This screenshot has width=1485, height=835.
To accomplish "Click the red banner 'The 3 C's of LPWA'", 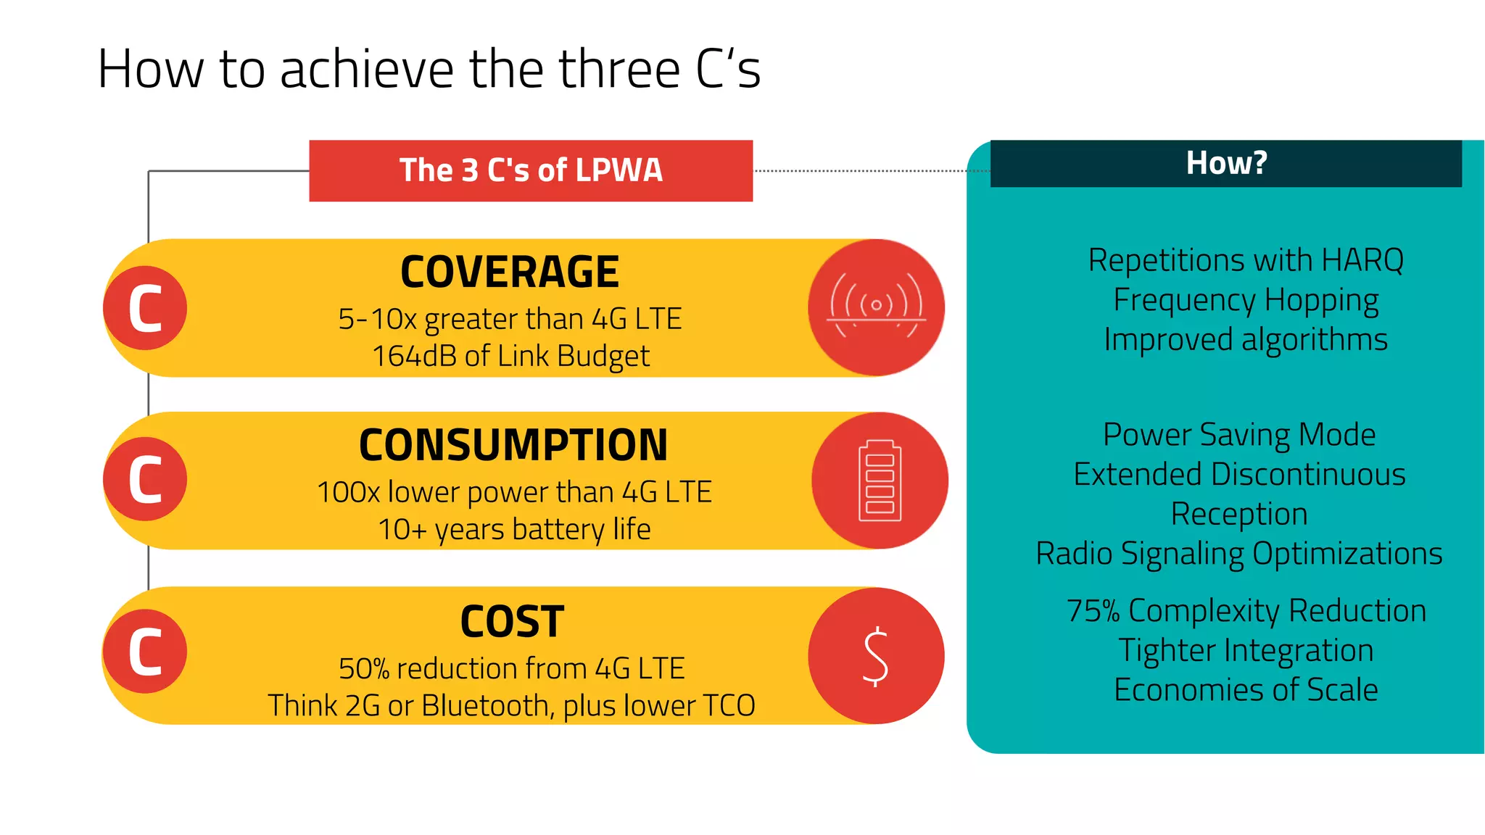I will [x=531, y=170].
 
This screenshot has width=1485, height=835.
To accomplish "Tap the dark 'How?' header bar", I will [x=1225, y=163].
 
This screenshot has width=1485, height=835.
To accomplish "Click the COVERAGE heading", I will [x=510, y=272].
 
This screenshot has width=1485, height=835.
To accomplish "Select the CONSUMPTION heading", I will [x=513, y=445].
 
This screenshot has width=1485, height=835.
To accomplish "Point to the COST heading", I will [x=512, y=622].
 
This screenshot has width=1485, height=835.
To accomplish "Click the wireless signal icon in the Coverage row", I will [x=876, y=307].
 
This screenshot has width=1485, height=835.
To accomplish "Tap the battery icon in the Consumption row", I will [x=880, y=481].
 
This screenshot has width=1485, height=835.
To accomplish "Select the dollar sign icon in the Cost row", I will [x=876, y=656].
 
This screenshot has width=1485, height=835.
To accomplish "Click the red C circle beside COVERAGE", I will [x=145, y=308].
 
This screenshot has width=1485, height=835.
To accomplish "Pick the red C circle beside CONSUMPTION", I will [x=145, y=479].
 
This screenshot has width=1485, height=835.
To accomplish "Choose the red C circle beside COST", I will [x=145, y=652].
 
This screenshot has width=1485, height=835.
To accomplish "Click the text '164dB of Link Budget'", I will [x=510, y=356].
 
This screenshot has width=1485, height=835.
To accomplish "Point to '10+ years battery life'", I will [x=514, y=529].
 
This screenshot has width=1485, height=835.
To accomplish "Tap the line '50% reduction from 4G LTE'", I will [x=511, y=668].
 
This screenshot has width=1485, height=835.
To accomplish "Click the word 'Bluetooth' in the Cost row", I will [x=487, y=705].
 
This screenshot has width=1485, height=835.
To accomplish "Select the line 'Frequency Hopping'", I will [x=1246, y=300].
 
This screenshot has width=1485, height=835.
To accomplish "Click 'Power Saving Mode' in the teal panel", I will [x=1239, y=435].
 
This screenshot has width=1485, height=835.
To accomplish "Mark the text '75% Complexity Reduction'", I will [x=1246, y=611].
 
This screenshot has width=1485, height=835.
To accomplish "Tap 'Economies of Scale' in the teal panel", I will [x=1246, y=690].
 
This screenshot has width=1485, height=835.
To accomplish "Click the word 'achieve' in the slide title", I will [x=367, y=70].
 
